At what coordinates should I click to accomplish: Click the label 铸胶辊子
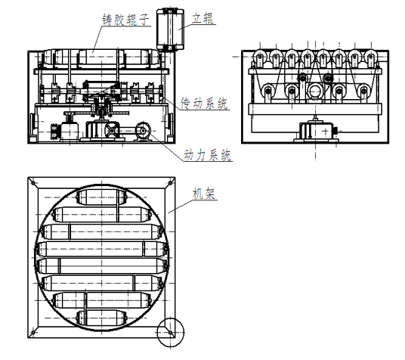[125, 20]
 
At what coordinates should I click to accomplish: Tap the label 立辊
[203, 19]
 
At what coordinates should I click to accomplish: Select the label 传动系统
[204, 104]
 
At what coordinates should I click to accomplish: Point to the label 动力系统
[207, 155]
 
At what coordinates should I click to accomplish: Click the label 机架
[204, 194]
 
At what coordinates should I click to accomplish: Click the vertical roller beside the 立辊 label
[170, 29]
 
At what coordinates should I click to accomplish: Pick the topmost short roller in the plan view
[101, 197]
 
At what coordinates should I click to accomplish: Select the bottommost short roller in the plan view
[101, 318]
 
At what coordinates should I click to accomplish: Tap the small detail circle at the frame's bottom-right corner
[171, 332]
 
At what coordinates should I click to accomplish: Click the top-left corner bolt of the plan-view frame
[33, 183]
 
